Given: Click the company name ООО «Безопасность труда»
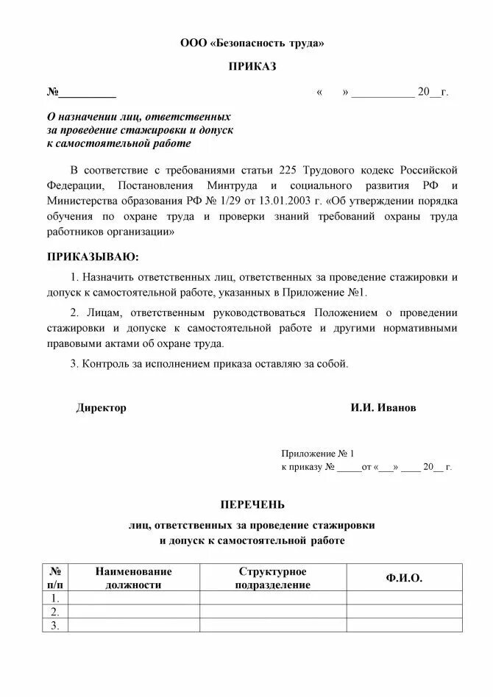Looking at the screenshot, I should point(252,43).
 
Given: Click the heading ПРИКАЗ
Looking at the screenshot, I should point(252,68).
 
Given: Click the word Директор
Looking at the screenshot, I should point(101,408).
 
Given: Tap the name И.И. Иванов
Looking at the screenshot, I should point(383,408).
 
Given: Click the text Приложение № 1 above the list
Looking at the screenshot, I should point(318,454).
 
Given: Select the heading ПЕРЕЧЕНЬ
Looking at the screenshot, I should point(252,504).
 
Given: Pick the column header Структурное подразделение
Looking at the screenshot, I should point(272,578).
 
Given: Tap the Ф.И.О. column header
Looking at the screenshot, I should point(404,578).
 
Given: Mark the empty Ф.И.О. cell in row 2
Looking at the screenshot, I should point(404,612).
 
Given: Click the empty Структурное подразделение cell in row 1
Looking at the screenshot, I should point(272,598).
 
